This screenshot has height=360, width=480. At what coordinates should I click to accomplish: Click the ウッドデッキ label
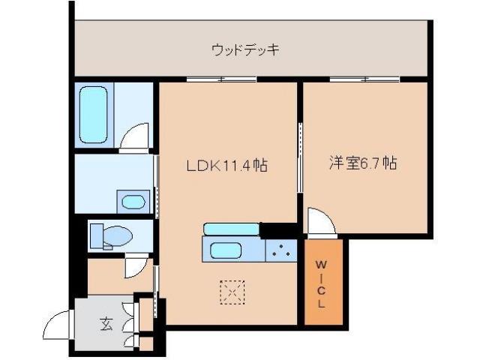[245, 50]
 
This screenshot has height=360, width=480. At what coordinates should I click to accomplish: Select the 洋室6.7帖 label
[363, 163]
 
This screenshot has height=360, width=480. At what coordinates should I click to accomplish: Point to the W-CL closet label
[321, 284]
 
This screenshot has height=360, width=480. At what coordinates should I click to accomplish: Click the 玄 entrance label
[106, 324]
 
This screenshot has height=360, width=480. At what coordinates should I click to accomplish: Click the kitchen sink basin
[226, 250]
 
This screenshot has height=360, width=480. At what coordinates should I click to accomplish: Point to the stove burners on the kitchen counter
[282, 250]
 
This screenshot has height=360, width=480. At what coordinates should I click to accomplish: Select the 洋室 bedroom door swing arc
[319, 222]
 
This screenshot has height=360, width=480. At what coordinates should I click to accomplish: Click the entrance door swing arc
[58, 326]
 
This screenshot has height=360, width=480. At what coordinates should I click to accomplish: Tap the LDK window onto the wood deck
[221, 79]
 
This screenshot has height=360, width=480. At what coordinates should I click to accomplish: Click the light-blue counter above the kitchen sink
[231, 228]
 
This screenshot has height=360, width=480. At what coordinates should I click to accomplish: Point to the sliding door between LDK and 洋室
[301, 159]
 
